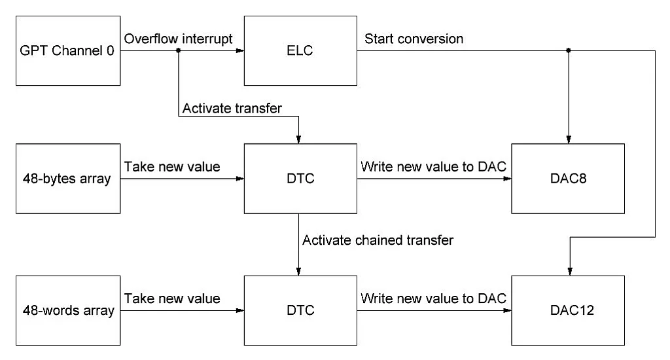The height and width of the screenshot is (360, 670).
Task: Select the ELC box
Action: click(300, 52)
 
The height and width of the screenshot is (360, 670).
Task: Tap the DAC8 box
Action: click(568, 178)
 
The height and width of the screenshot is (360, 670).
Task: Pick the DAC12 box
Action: click(568, 310)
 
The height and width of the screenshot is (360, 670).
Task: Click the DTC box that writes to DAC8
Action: click(300, 178)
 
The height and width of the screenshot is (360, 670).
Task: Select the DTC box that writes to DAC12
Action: click(300, 310)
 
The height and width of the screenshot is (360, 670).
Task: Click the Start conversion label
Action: click(414, 39)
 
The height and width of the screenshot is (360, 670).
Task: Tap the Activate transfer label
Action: click(232, 108)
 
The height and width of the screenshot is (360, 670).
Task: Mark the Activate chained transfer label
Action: click(378, 240)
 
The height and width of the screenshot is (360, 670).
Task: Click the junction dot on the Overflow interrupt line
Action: click(179, 51)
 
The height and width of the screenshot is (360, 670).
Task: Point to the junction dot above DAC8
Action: click(568, 51)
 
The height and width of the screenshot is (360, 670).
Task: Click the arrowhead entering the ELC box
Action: click(240, 51)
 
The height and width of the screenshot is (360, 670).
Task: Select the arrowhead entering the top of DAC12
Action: click(568, 272)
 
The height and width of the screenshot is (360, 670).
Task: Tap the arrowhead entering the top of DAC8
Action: click(568, 139)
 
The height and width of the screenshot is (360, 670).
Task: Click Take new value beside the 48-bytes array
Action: click(172, 166)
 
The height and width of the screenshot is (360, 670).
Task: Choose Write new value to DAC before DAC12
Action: click(434, 298)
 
